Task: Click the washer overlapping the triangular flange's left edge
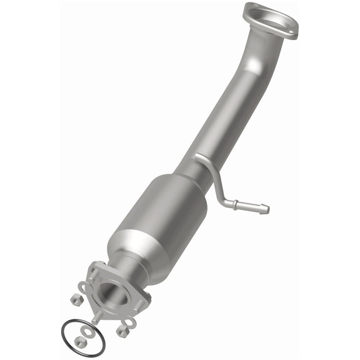point(84,286)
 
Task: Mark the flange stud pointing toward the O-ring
point(96,319)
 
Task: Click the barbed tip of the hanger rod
point(263,209)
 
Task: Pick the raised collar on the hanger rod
point(237,205)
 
